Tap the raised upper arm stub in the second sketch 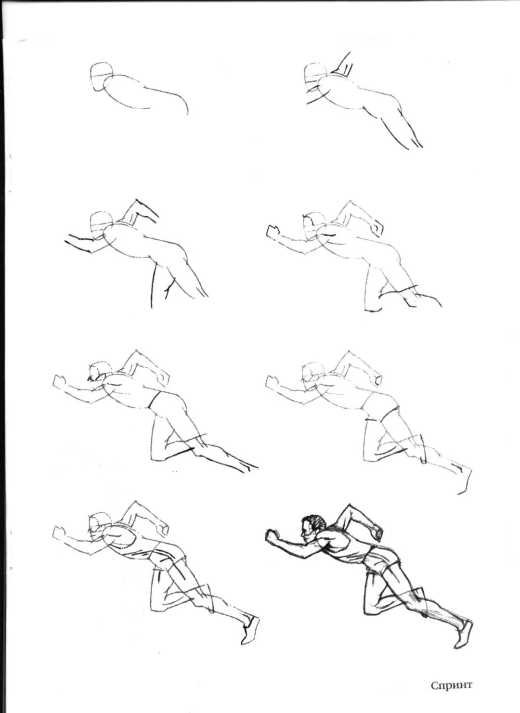pos(343,65)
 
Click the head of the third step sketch pos(101,225)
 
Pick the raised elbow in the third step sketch pos(137,202)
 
